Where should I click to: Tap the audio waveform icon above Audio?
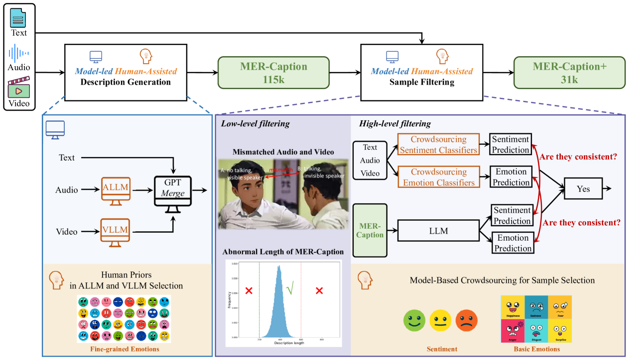pyautogui.click(x=19, y=53)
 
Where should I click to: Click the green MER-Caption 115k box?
pyautogui.click(x=274, y=73)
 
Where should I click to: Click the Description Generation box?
pyautogui.click(x=125, y=72)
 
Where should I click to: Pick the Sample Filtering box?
pyautogui.click(x=421, y=72)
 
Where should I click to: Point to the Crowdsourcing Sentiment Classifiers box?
pyautogui.click(x=438, y=145)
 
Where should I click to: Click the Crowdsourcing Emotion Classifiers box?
pyautogui.click(x=438, y=177)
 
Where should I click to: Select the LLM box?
pyautogui.click(x=438, y=231)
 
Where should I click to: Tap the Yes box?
pyautogui.click(x=583, y=189)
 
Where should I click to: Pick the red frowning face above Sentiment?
pyautogui.click(x=466, y=320)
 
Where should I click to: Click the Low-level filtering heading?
pyautogui.click(x=255, y=124)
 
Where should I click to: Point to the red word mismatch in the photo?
pyautogui.click(x=281, y=170)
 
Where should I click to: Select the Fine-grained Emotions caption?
pyautogui.click(x=124, y=349)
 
